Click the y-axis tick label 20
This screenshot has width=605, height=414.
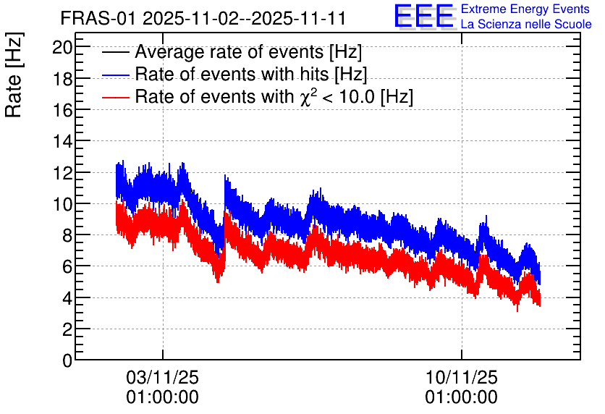click(62, 47)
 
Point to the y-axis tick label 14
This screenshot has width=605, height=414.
click(62, 141)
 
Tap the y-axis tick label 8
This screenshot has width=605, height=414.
click(67, 235)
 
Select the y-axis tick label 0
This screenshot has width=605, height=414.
click(67, 360)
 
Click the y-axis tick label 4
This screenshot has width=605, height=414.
click(67, 298)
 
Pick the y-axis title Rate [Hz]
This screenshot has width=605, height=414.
click(14, 75)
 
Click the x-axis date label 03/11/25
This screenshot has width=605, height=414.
click(162, 377)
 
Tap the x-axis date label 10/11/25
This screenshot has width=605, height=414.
click(462, 377)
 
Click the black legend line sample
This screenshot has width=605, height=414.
click(116, 52)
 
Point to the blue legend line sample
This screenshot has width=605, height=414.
click(116, 75)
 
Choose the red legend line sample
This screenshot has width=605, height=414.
click(116, 97)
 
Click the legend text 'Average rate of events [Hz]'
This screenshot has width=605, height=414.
click(248, 52)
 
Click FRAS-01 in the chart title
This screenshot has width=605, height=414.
click(98, 18)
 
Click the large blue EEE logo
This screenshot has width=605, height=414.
click(424, 15)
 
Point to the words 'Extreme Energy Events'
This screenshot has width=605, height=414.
click(525, 9)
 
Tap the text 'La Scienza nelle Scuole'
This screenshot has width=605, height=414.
click(526, 25)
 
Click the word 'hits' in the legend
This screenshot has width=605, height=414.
click(313, 74)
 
